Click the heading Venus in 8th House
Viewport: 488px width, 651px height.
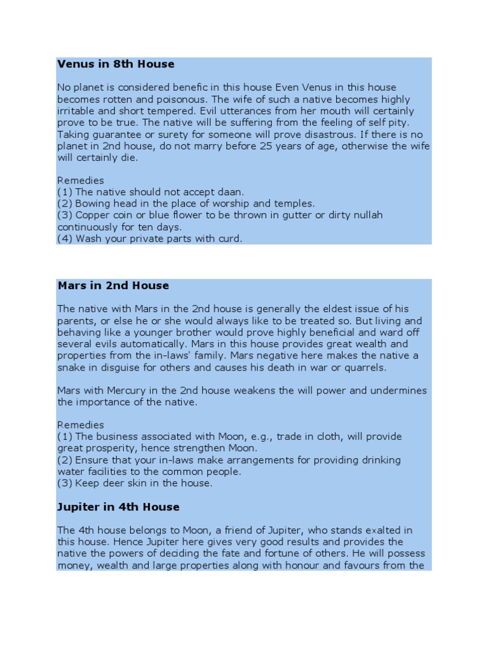coord(116,64)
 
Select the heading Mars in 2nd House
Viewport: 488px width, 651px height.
coord(113,285)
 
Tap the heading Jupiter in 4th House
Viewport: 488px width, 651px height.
coord(118,507)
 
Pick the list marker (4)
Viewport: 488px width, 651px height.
coord(65,239)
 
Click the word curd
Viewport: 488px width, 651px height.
coord(229,239)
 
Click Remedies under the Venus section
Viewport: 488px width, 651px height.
coord(81,181)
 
